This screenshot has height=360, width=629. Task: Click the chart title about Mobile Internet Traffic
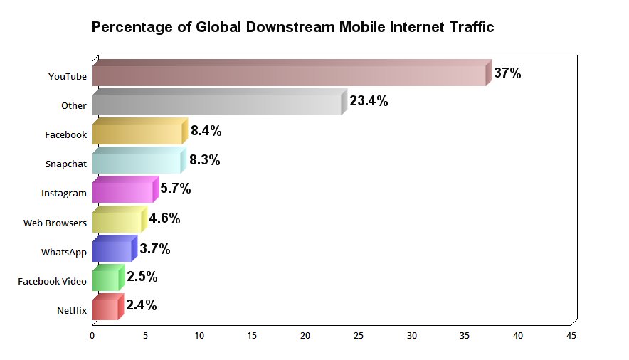click(x=292, y=28)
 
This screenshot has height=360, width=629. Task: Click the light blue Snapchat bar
click(x=137, y=163)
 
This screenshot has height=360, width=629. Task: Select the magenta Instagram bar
click(x=122, y=192)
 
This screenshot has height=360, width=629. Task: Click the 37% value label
click(x=508, y=73)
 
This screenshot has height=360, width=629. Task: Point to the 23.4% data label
click(x=369, y=101)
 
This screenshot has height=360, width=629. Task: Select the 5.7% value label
click(x=176, y=189)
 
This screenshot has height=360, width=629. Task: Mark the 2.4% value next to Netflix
click(x=142, y=305)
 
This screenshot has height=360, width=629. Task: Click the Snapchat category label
click(x=66, y=164)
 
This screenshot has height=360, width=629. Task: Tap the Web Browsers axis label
click(x=55, y=223)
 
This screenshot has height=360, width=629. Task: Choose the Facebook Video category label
click(x=52, y=281)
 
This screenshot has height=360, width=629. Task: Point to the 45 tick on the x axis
click(x=571, y=335)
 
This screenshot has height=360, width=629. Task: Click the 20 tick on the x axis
click(x=305, y=335)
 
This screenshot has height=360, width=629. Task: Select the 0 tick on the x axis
click(x=92, y=335)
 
